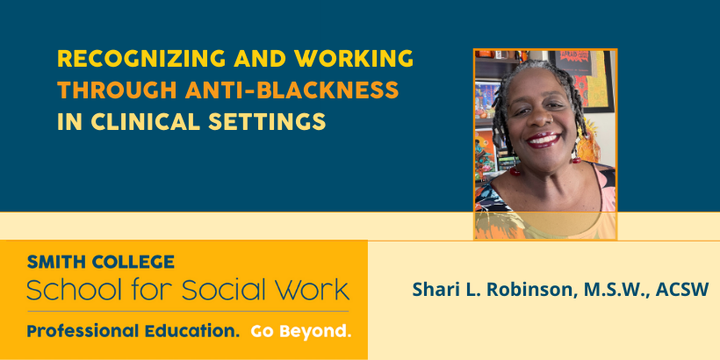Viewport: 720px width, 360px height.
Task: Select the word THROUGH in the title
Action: [x=117, y=90]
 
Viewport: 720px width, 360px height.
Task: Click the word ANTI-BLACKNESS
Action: [x=292, y=90]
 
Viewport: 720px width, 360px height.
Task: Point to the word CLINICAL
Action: [x=146, y=121]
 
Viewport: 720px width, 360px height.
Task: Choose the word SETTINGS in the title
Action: [x=267, y=121]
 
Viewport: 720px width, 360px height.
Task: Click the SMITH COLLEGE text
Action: [x=101, y=263]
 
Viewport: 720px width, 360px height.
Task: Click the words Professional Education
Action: [x=133, y=331]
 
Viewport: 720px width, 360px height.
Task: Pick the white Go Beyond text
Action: [x=301, y=331]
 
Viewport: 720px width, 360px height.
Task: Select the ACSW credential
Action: [x=682, y=289]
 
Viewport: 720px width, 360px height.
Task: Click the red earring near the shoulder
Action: [x=515, y=171]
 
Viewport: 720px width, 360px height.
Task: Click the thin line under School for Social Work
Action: [x=188, y=312]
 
